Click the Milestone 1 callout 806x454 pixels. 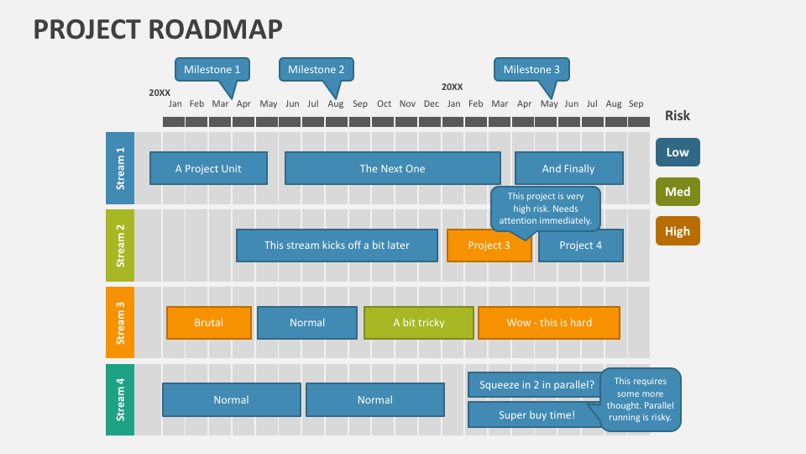[212, 70]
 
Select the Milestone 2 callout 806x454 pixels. [316, 70]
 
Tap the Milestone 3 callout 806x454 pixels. [531, 70]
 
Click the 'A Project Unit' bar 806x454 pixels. [208, 168]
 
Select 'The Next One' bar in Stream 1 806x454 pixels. [392, 168]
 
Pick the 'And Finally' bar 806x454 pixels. [568, 168]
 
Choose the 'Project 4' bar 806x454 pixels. [581, 245]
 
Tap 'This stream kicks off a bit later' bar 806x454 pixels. [337, 245]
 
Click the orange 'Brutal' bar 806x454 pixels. [208, 323]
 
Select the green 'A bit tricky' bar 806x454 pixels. [418, 323]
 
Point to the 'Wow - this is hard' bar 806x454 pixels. [548, 323]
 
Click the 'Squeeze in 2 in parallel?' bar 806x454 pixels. [535, 385]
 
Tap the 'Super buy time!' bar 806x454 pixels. [535, 414]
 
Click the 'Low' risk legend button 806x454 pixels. [678, 152]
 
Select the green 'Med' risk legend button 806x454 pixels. [678, 192]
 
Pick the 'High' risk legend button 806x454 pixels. [678, 231]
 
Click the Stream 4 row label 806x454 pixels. [120, 399]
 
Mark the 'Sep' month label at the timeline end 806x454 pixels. [636, 104]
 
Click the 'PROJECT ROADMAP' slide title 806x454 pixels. [158, 29]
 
